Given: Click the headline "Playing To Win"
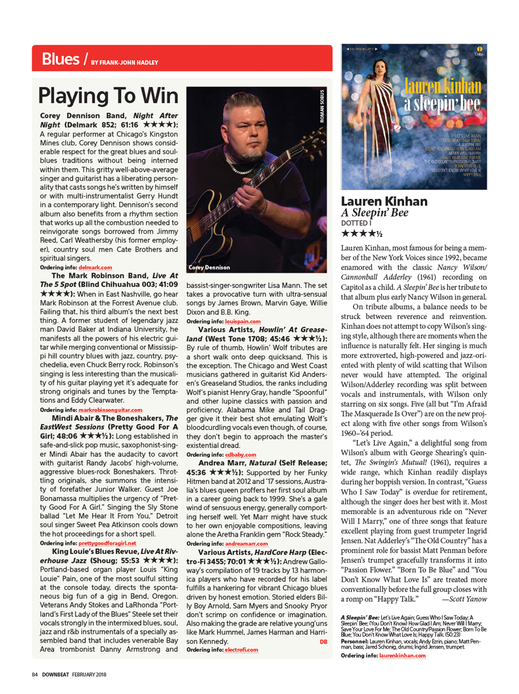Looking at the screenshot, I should tap(108, 96).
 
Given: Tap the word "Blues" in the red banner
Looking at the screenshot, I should tap(60, 59).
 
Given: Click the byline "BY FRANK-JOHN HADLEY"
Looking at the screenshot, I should tap(124, 63).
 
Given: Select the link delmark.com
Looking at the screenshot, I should tap(95, 267).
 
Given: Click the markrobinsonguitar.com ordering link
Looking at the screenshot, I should tap(110, 410).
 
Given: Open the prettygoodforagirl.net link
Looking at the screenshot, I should tap(107, 543).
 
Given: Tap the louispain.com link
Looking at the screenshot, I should tap(243, 321).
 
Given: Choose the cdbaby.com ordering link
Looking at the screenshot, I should tap(240, 454).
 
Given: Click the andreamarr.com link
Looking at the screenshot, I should tap(246, 544).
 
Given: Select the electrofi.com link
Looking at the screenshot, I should tap(241, 650).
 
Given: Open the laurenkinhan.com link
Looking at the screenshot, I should tap(402, 656).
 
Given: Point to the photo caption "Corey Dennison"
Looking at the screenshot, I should tap(209, 267).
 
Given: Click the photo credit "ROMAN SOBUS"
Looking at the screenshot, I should tap(322, 106).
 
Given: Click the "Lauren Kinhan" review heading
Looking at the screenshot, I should tap(384, 201).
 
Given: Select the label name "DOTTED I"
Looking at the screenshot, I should tap(356, 223).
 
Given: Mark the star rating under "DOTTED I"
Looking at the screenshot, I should tap(362, 234).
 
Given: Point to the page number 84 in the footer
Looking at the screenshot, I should tap(34, 675).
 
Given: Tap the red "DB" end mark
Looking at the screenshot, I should tap(323, 642).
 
